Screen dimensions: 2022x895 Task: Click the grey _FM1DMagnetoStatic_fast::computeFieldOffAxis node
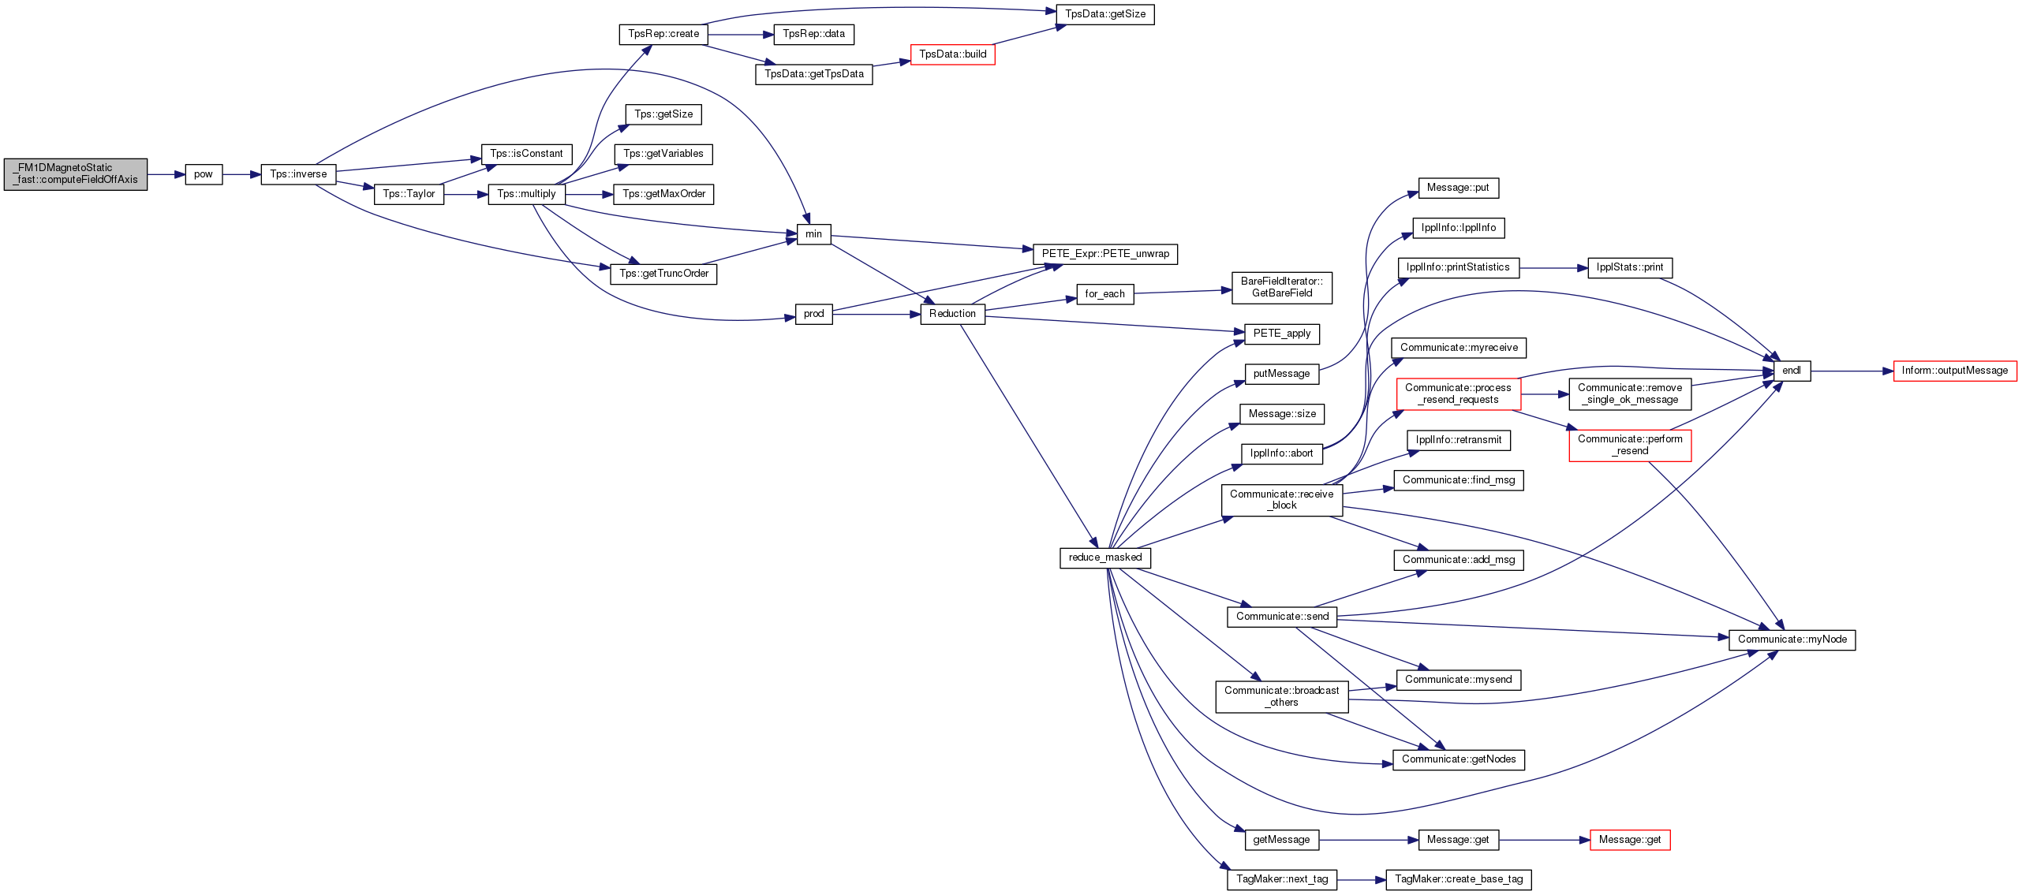tap(76, 174)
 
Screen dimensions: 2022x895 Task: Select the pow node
tap(204, 174)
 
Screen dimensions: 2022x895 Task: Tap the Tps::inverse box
tap(299, 174)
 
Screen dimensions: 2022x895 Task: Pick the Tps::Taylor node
tap(409, 194)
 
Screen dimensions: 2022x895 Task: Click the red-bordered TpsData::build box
tap(953, 54)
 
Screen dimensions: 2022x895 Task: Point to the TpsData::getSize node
tap(1105, 14)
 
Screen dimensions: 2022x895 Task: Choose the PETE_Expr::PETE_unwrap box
tap(1105, 254)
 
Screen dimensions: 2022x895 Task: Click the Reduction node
tap(952, 314)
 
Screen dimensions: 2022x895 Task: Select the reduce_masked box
tap(1105, 558)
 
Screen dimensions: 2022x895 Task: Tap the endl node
tap(1792, 371)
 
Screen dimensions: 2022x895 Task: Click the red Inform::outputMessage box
tap(1955, 371)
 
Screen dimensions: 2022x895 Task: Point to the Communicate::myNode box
tap(1792, 640)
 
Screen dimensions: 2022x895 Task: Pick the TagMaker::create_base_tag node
tap(1459, 879)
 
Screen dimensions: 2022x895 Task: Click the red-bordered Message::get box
tap(1630, 840)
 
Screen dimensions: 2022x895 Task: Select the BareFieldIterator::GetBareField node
tap(1282, 288)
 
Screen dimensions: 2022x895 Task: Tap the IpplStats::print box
tap(1630, 268)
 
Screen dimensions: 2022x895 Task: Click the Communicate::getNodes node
tap(1459, 759)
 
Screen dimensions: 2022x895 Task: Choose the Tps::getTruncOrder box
tap(663, 274)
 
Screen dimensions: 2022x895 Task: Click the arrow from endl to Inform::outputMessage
tap(1852, 371)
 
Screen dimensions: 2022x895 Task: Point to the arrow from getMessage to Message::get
tap(1369, 840)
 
